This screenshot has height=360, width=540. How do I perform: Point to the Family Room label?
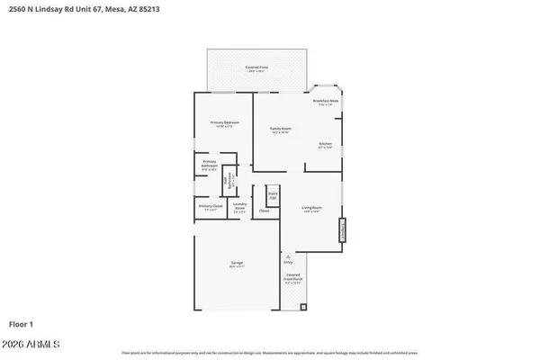pos(281,130)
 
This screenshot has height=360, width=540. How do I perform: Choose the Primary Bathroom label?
pos(210,164)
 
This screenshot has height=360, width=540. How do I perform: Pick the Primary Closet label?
pos(211,208)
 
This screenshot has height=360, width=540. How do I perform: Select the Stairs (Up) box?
pos(272,194)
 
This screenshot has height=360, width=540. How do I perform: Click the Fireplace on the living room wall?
pos(342,232)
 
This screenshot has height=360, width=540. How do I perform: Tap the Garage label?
pos(236,265)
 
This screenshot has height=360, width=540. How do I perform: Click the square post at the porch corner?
pos(303,306)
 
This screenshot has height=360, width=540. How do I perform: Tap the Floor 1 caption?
pos(22,323)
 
